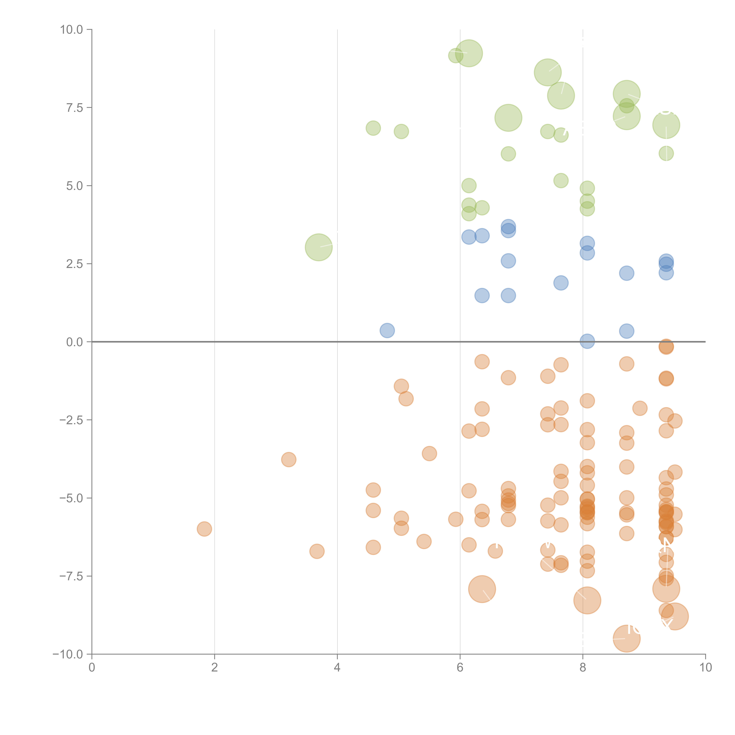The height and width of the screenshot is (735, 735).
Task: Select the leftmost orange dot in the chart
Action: [204, 529]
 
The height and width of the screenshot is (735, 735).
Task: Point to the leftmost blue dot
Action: [387, 330]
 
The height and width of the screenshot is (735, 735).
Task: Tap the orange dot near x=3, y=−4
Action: [289, 460]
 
